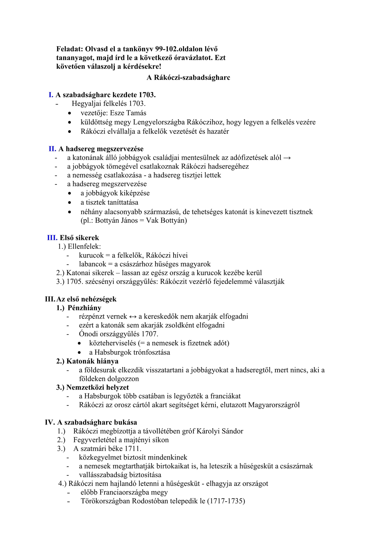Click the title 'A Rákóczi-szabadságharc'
[x=188, y=78]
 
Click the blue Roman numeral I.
[x=51, y=95]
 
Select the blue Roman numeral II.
[x=52, y=149]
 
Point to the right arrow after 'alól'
[x=287, y=158]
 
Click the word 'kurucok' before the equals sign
[x=91, y=256]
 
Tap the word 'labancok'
[x=92, y=264]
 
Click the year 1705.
[x=74, y=282]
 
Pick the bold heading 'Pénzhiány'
[x=84, y=308]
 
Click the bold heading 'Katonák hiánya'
[x=92, y=361]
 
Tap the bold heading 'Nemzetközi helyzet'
[x=98, y=388]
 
